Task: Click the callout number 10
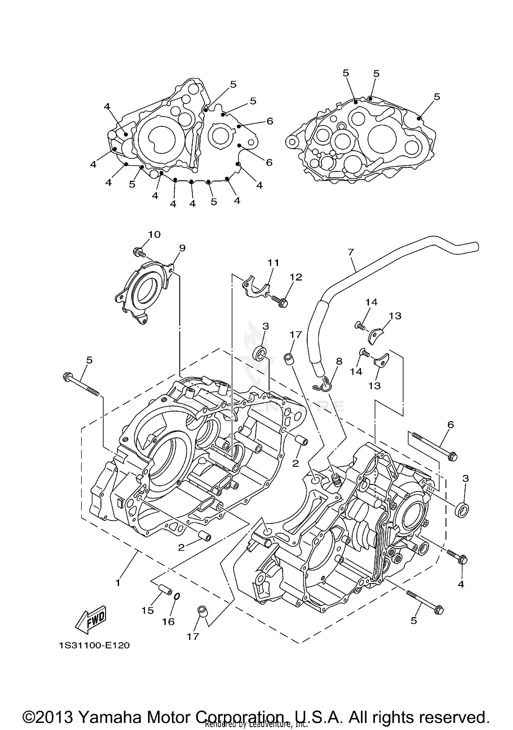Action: (154, 235)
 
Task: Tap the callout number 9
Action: (182, 248)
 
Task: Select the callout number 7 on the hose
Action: (351, 252)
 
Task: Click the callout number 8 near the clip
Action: (339, 361)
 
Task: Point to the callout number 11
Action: (273, 263)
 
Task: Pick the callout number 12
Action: (296, 277)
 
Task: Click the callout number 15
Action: (148, 611)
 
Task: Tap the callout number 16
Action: (168, 622)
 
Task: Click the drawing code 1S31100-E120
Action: (94, 646)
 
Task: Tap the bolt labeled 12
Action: (279, 301)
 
